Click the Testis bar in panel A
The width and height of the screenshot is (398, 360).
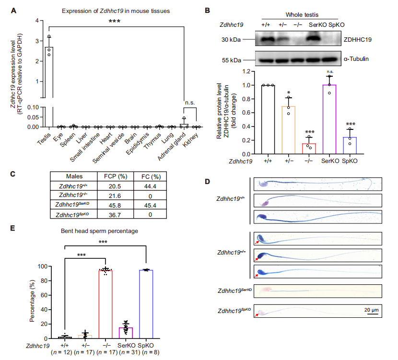pos(48,86)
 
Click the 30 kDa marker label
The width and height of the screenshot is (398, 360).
pos(231,40)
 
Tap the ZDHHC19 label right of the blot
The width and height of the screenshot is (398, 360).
pos(359,40)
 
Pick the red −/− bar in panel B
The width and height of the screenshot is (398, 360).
pos(308,149)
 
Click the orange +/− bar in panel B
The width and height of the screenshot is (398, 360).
pos(288,130)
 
